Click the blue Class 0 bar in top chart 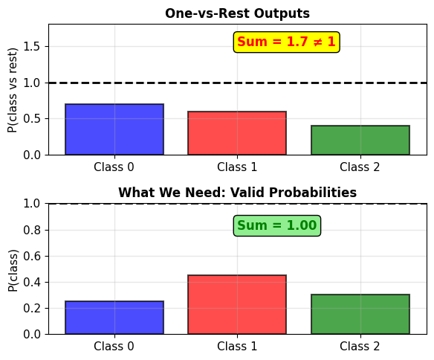pyautogui.click(x=114, y=129)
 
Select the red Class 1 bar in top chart pyautogui.click(x=237, y=133)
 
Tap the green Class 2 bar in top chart pyautogui.click(x=360, y=140)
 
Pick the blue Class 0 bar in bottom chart pyautogui.click(x=114, y=318)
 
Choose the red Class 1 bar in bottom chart pyautogui.click(x=237, y=305)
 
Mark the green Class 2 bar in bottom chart pyautogui.click(x=360, y=315)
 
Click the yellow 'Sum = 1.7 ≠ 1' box pyautogui.click(x=286, y=42)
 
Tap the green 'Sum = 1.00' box pyautogui.click(x=277, y=225)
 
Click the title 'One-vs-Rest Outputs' pyautogui.click(x=237, y=13)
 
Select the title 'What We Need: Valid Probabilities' pyautogui.click(x=237, y=193)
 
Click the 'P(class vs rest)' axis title pyautogui.click(x=13, y=90)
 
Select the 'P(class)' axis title pyautogui.click(x=13, y=271)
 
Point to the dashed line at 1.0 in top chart pyautogui.click(x=238, y=83)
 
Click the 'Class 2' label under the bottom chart pyautogui.click(x=360, y=346)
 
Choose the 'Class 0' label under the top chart pyautogui.click(x=114, y=167)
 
